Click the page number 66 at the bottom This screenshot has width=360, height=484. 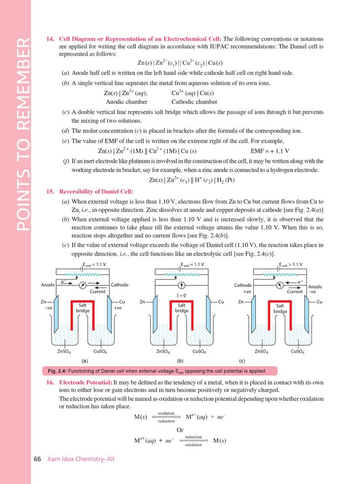point(37,459)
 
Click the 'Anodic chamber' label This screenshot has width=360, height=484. point(127,102)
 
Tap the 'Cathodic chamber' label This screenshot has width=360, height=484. point(194,102)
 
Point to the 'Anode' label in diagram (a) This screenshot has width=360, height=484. point(48,285)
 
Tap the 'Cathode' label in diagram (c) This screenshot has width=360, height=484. point(243,285)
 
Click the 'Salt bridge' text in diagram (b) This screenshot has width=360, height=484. point(181,308)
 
